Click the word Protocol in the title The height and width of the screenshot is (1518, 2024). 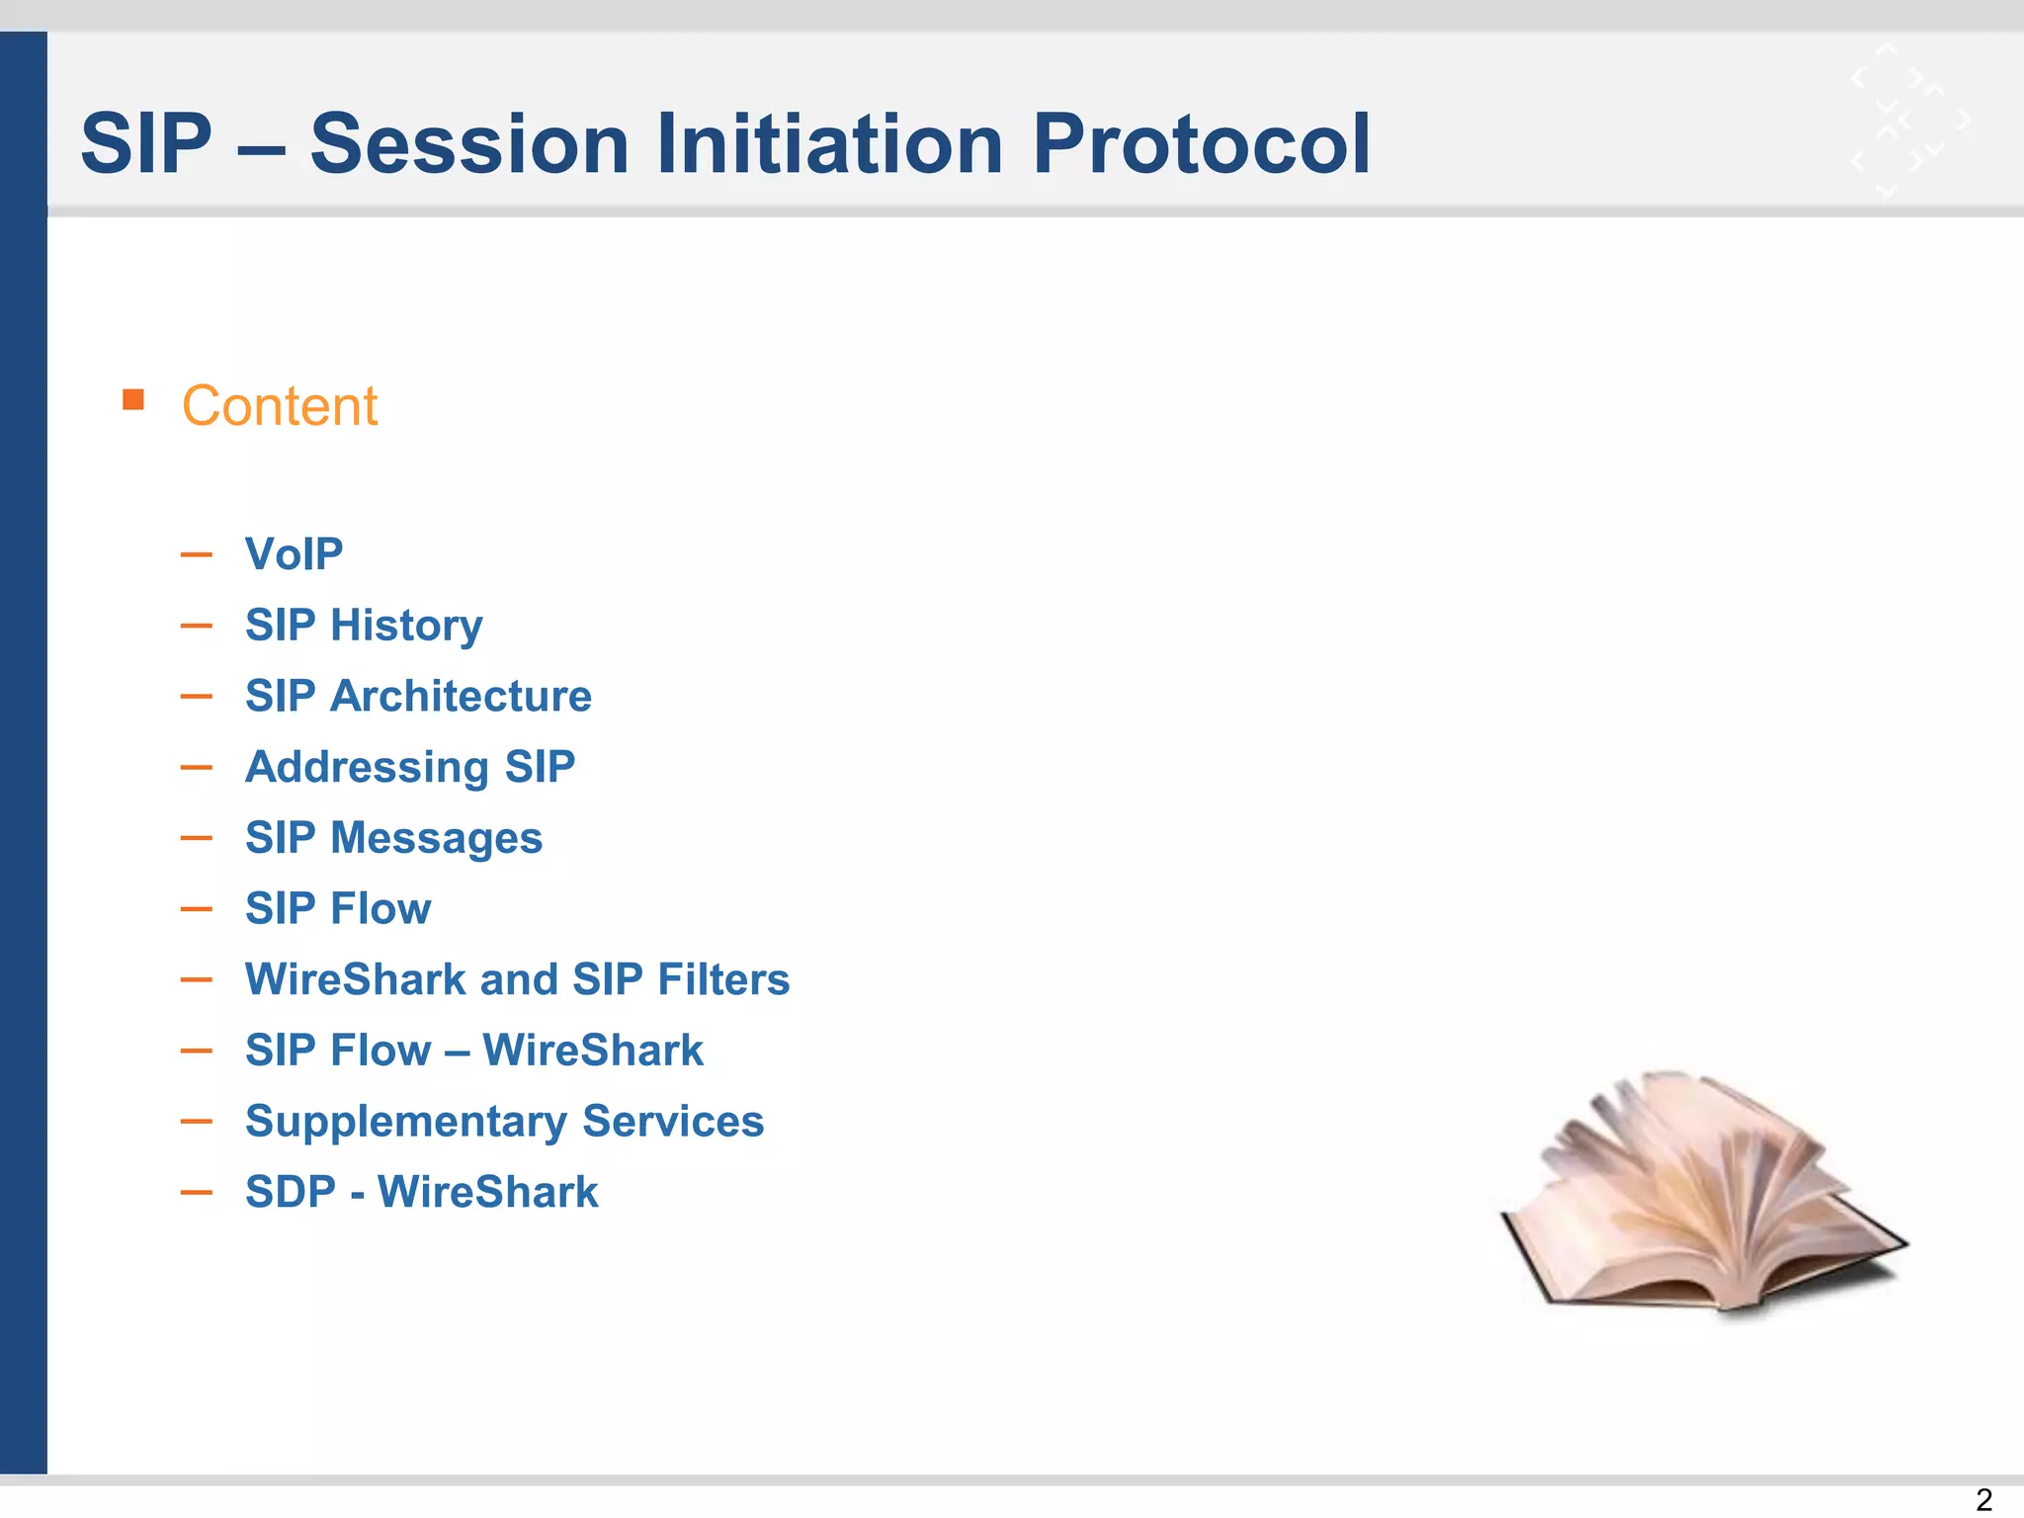point(1201,144)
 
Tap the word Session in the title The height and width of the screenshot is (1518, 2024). point(469,144)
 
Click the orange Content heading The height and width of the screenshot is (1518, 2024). point(280,406)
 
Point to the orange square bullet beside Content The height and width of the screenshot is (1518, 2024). point(133,399)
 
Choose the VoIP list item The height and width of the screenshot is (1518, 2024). point(294,553)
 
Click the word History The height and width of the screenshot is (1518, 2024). point(406,626)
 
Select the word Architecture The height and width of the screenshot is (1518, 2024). point(461,696)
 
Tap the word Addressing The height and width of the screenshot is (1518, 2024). point(367,768)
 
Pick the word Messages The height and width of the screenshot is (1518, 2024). point(436,838)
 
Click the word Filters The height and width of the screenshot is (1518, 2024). point(723,979)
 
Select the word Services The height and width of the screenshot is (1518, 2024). point(673,1122)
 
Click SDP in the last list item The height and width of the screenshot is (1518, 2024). point(291,1192)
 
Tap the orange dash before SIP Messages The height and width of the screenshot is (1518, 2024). point(197,838)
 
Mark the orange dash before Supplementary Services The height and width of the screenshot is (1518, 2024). point(197,1122)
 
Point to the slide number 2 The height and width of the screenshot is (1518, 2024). point(1983,1499)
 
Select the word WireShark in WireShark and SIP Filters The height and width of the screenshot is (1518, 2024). point(355,979)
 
